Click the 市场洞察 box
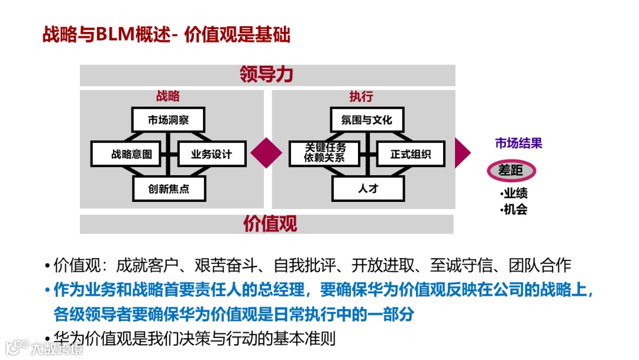(x=168, y=120)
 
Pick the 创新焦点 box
(x=169, y=189)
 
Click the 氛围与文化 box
(x=367, y=120)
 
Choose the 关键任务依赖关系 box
(x=325, y=154)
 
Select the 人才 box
(x=368, y=189)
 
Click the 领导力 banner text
(x=267, y=75)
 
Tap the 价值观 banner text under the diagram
(x=270, y=224)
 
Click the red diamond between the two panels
(x=266, y=153)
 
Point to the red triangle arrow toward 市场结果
(x=462, y=153)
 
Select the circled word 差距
(x=511, y=171)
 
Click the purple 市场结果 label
(x=518, y=143)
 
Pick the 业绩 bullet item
(x=514, y=194)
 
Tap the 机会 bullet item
(x=514, y=209)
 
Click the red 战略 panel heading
(x=168, y=97)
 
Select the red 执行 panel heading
(x=361, y=97)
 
